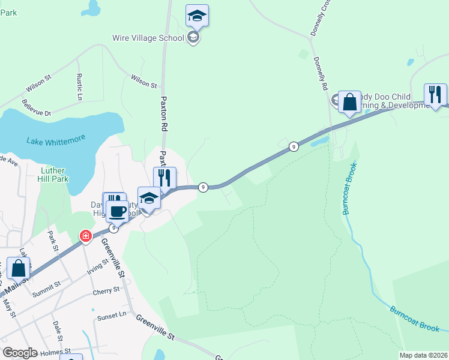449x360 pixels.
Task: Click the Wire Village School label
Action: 148,38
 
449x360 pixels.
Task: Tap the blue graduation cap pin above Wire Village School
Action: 197,16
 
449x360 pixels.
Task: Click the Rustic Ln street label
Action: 79,86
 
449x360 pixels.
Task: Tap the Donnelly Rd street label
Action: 321,73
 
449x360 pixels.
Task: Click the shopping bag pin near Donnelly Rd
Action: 349,102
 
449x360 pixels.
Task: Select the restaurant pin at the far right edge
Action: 435,95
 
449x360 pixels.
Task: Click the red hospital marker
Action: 86,236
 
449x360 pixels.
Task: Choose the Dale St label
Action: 58,329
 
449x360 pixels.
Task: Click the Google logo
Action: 20,353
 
